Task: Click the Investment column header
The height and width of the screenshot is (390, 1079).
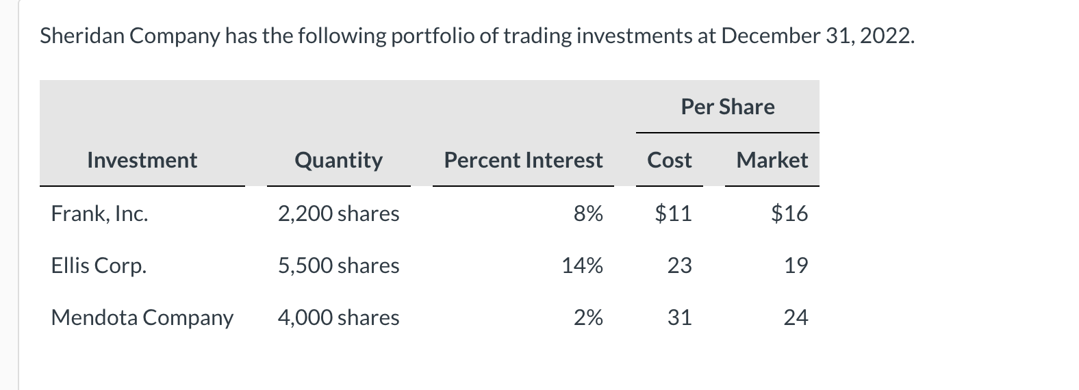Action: (x=142, y=160)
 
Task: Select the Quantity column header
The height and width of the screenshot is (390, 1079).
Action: (x=338, y=160)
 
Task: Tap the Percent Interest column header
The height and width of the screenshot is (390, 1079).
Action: (x=523, y=160)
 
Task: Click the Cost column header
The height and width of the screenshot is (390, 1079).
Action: (x=669, y=160)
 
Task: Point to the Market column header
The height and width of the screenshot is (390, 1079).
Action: (x=772, y=160)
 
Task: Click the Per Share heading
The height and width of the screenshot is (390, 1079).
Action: (x=727, y=107)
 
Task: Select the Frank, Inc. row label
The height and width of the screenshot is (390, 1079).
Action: (x=99, y=213)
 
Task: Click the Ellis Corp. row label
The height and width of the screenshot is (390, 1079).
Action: (x=99, y=265)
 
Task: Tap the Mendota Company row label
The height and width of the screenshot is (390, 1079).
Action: (x=142, y=317)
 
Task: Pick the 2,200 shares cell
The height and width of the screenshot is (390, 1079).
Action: (x=338, y=213)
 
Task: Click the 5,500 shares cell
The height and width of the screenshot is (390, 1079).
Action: (x=338, y=265)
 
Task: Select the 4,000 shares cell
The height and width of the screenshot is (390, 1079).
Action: (x=338, y=317)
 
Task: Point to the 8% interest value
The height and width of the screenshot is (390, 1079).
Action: (x=588, y=213)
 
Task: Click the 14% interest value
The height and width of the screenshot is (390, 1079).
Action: (x=582, y=265)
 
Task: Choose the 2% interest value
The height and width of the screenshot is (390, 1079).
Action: (x=588, y=317)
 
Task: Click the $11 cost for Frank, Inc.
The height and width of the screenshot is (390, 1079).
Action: (x=673, y=213)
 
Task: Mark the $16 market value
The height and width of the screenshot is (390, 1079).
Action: (x=789, y=213)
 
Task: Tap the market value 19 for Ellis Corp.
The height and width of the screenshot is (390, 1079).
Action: (x=796, y=265)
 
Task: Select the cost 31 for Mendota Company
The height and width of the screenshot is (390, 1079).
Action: (x=679, y=317)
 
